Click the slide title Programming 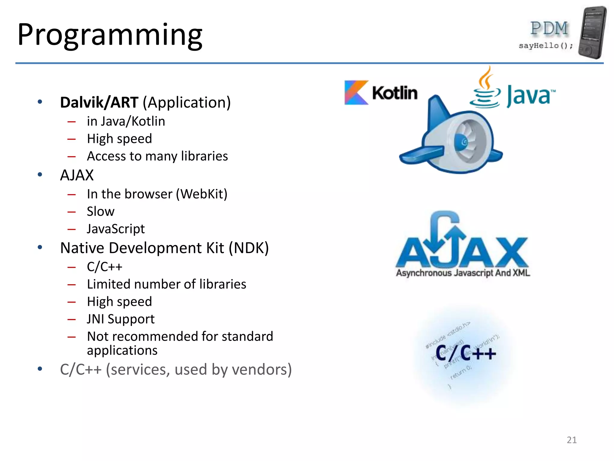(x=110, y=35)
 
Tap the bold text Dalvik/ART (x=99, y=102)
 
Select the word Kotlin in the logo (x=395, y=93)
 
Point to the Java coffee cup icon (x=485, y=90)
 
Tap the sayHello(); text (x=546, y=46)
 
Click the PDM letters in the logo (x=549, y=28)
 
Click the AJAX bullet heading (x=77, y=175)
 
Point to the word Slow (x=100, y=211)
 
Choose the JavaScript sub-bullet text (x=116, y=229)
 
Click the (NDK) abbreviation (x=249, y=248)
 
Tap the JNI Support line (x=121, y=319)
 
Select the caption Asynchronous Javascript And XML (x=463, y=273)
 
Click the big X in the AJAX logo (x=511, y=252)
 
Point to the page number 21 (x=571, y=440)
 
